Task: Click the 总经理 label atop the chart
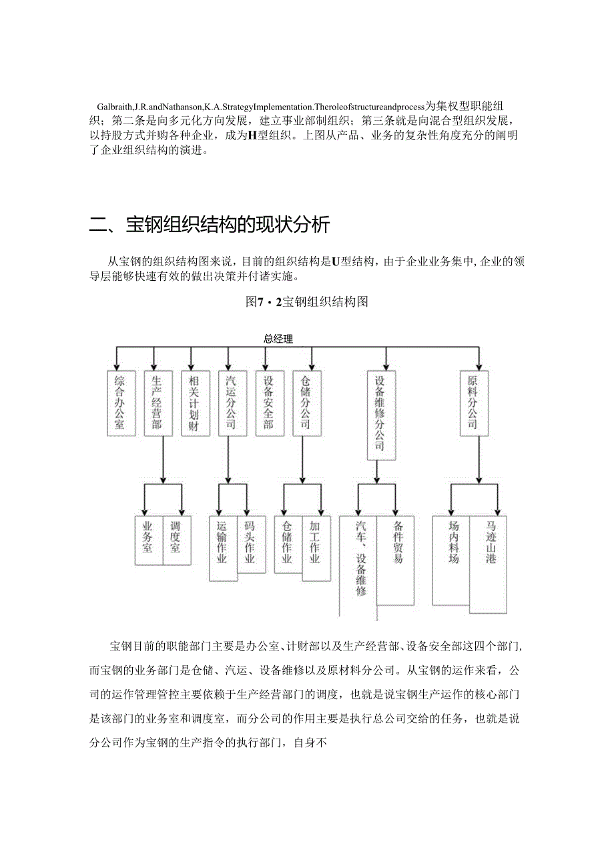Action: tap(278, 339)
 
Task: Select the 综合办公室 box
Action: tap(119, 402)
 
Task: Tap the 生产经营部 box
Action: tap(156, 402)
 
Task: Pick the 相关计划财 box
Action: tap(193, 402)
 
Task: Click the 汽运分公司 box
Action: tap(231, 402)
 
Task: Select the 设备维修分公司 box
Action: tap(380, 414)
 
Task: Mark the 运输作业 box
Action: tap(222, 543)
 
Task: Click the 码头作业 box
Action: tap(250, 543)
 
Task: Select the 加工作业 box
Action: tap(314, 543)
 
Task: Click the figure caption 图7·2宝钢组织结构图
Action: tap(306, 302)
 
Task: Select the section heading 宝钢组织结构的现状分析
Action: tap(227, 225)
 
